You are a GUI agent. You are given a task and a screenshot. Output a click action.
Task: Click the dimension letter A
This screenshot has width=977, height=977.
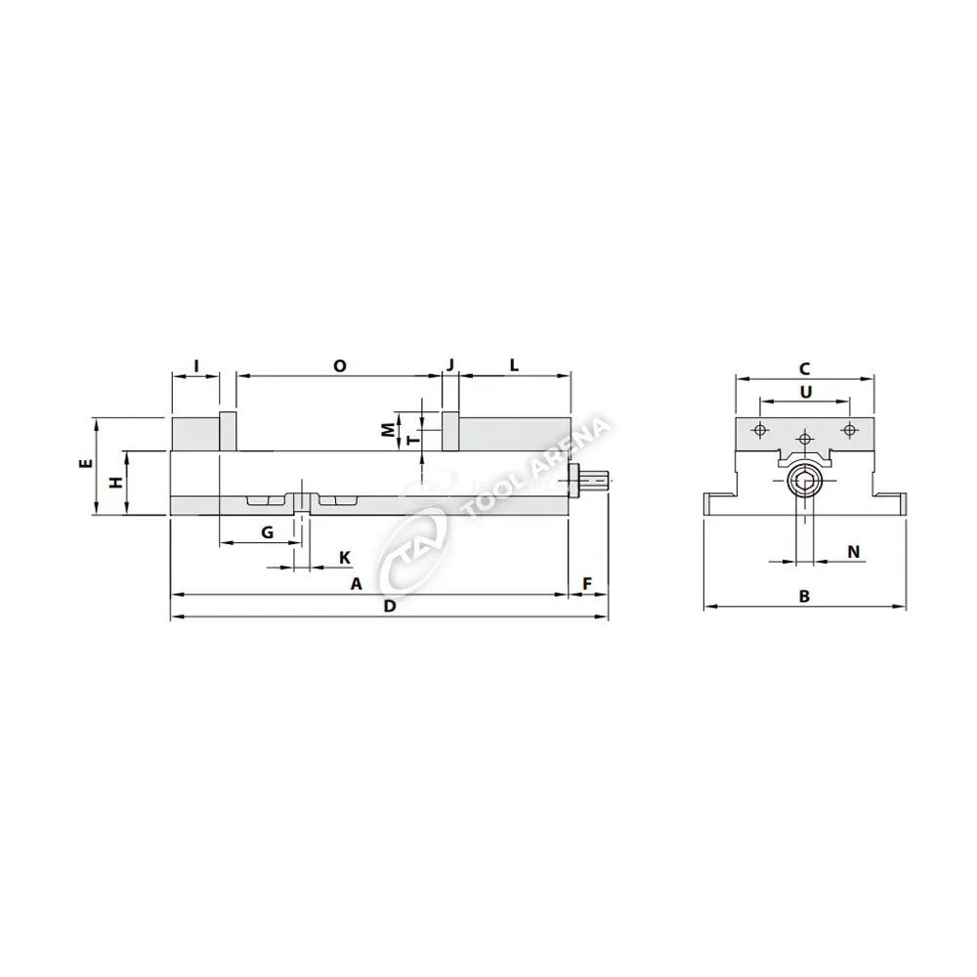[x=356, y=584]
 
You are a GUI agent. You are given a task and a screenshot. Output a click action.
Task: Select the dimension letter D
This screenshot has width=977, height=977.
[x=390, y=607]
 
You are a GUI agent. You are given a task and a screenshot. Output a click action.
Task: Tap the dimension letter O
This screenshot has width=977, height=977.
[x=339, y=365]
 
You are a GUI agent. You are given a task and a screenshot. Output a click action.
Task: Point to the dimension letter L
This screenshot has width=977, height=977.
[x=514, y=365]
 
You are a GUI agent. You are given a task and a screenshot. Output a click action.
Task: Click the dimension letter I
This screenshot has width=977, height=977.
[x=196, y=365]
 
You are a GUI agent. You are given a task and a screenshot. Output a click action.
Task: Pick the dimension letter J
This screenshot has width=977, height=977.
[x=450, y=364]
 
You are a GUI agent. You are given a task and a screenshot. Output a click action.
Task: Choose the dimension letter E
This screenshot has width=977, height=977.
[x=87, y=463]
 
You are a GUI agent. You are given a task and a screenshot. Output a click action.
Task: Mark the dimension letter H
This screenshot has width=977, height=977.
[x=116, y=482]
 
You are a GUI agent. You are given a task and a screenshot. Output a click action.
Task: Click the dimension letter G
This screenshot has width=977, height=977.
[x=268, y=532]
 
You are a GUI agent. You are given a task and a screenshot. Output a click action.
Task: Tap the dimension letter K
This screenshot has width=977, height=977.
[x=345, y=558]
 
